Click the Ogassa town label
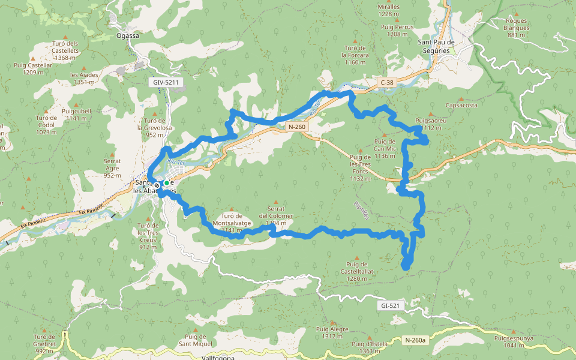coord(127,35)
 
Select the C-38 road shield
coord(387,81)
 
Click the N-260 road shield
coord(296,127)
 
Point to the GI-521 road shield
coord(390,305)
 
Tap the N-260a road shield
coord(415,340)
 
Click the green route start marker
coord(166,183)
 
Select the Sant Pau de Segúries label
coord(445,47)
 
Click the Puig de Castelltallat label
coord(361,271)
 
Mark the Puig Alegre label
coord(332,332)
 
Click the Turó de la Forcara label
coord(355,55)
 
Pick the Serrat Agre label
coord(112,164)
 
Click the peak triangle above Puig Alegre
coord(332,322)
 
